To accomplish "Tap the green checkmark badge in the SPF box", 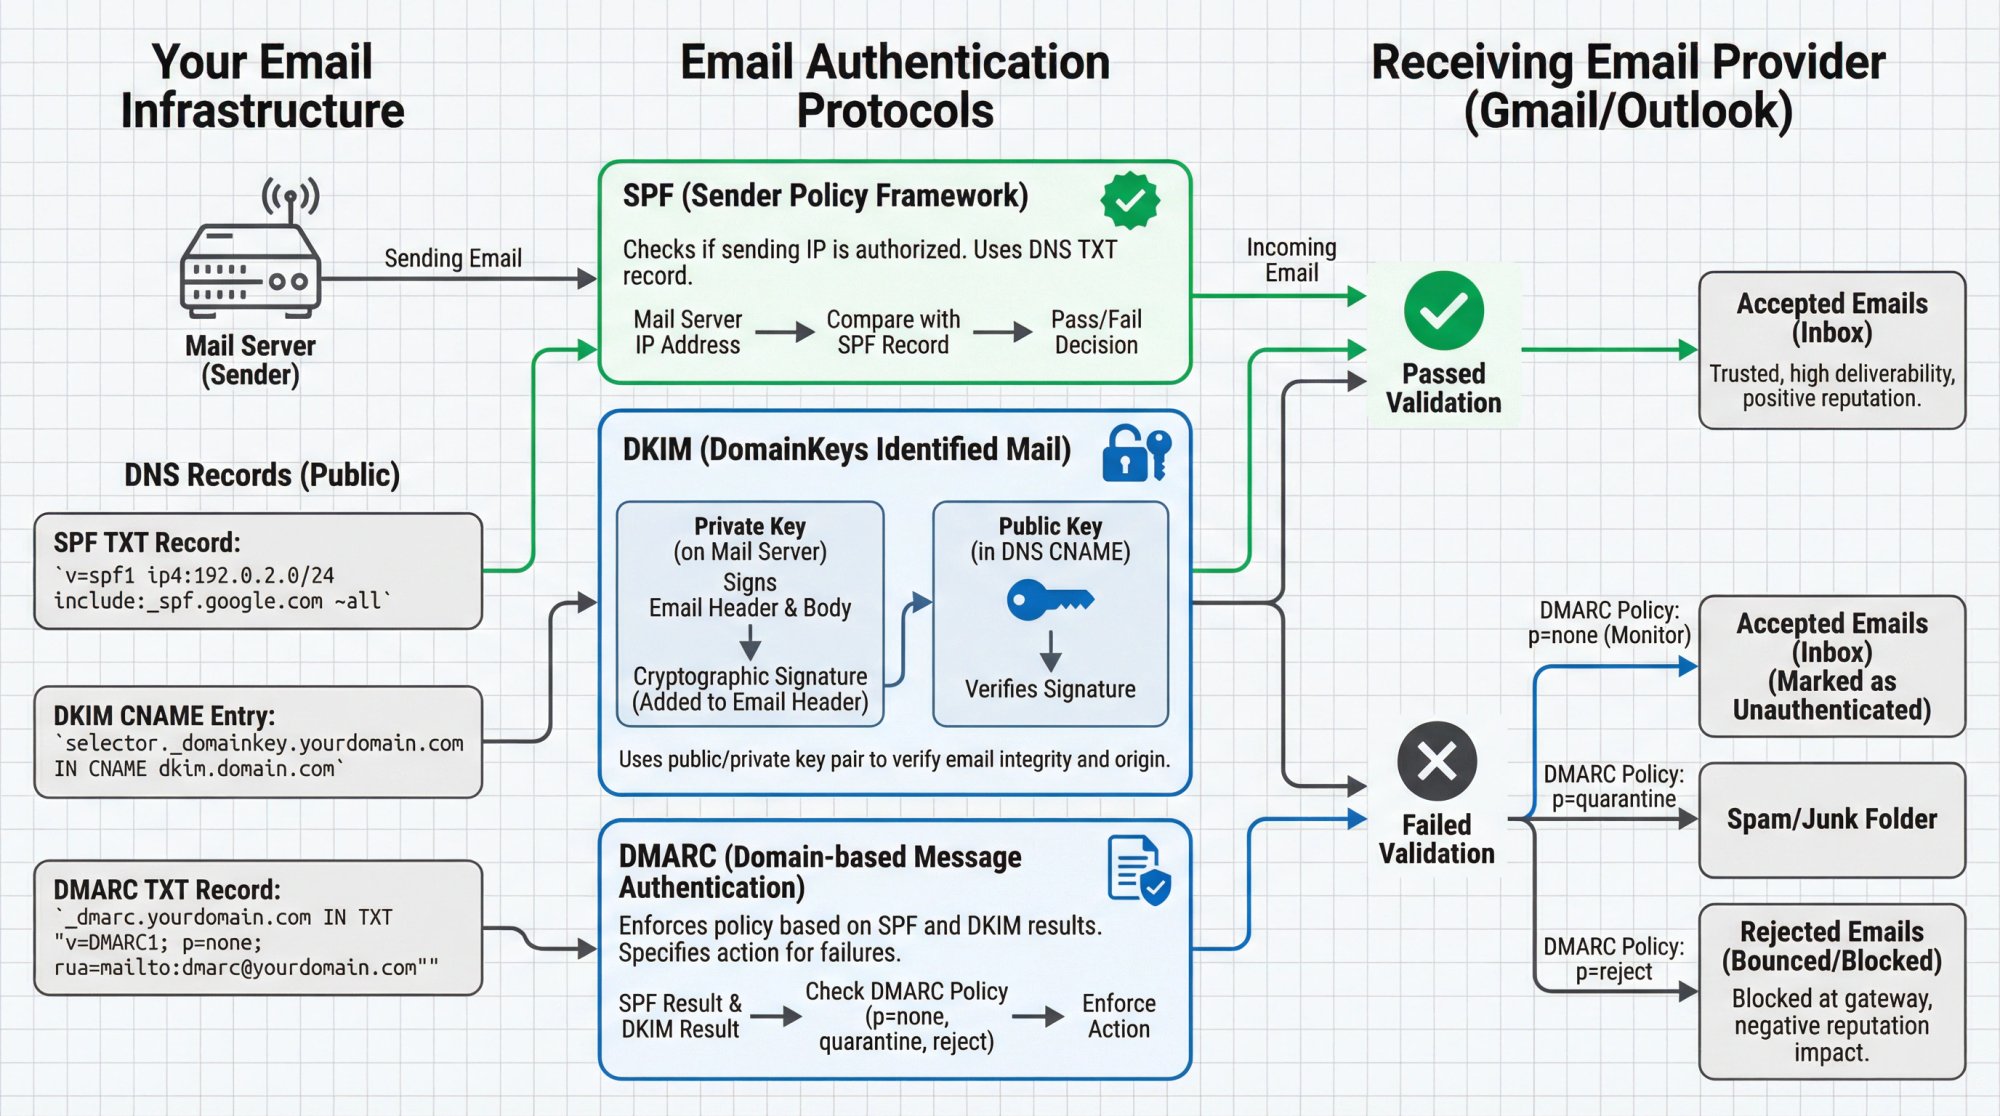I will point(1130,200).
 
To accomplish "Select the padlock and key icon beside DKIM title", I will point(1136,454).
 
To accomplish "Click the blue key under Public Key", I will point(1049,600).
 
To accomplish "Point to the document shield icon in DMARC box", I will point(1139,870).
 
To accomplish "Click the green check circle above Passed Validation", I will point(1443,311).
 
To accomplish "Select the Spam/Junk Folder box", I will point(1831,820).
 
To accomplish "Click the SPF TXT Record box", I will point(258,571).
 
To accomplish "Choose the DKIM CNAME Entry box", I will point(258,741).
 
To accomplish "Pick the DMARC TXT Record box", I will point(258,928).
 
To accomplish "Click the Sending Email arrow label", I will point(453,258).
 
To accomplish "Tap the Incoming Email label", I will point(1291,260).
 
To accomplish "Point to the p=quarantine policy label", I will point(1613,787).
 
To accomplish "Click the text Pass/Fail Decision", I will point(1096,332).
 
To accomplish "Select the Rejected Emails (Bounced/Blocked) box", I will point(1831,991).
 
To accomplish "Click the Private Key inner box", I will point(750,613).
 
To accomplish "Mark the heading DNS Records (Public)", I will point(262,475).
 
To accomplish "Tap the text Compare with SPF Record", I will point(893,332).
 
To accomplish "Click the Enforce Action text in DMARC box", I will point(1118,1016).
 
